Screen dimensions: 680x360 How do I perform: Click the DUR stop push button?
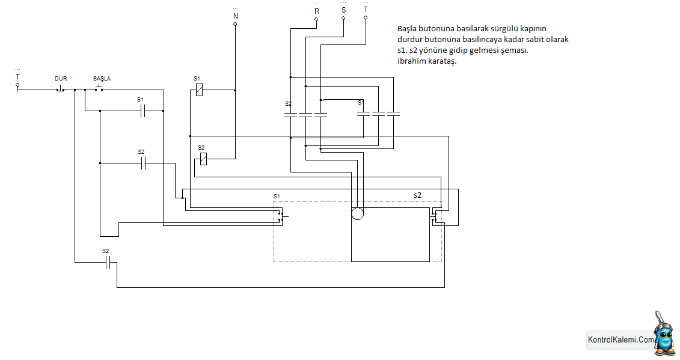tap(60, 90)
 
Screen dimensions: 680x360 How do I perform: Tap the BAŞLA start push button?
tap(99, 88)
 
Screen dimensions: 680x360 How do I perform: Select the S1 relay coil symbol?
tap(199, 90)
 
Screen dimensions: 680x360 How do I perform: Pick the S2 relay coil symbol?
tap(203, 159)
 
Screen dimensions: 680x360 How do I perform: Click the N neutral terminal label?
tap(236, 16)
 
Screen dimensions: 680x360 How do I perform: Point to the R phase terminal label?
tap(317, 11)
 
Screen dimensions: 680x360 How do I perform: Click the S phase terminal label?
tap(343, 10)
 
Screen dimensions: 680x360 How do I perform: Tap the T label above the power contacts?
tap(366, 10)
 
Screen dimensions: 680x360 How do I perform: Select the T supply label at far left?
tap(17, 77)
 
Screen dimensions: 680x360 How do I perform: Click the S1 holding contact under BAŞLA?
tap(142, 111)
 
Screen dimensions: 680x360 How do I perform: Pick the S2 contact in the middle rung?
tap(143, 163)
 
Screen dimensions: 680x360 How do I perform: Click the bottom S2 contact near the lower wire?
tap(108, 262)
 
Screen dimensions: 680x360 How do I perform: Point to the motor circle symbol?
tap(357, 213)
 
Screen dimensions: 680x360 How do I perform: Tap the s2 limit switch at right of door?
tap(434, 216)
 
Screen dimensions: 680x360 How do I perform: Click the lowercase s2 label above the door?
tap(417, 195)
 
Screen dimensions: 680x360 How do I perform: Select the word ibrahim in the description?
tap(411, 61)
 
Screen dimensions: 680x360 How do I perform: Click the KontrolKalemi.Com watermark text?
tap(620, 340)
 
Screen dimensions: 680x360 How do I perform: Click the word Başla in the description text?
tap(407, 29)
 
